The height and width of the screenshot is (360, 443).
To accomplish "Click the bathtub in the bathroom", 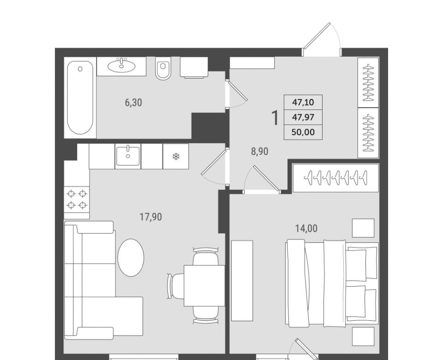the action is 80,98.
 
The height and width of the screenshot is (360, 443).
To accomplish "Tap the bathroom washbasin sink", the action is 121,66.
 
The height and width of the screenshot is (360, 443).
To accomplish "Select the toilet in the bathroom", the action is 163,68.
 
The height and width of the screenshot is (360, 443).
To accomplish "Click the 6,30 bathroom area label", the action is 133,102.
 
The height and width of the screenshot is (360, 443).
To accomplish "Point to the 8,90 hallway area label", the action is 260,152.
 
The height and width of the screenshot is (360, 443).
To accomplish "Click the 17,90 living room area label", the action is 151,217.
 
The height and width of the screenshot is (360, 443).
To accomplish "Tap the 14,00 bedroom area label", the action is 306,228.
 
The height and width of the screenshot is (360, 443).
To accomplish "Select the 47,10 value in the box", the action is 303,102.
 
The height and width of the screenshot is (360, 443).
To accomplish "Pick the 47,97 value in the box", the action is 303,117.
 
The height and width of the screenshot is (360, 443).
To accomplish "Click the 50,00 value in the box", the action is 303,132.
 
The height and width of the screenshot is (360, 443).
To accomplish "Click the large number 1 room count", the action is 275,118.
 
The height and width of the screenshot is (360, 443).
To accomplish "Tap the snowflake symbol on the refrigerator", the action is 176,156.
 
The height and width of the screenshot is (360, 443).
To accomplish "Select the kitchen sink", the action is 128,156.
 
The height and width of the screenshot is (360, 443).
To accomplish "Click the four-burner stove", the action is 77,199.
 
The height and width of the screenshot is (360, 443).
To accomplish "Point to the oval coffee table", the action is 131,258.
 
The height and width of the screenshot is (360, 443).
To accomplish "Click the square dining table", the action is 204,285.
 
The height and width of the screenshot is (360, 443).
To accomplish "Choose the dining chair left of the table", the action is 175,285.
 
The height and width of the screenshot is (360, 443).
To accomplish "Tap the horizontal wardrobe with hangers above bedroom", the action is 335,178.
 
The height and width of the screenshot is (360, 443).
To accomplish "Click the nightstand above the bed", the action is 363,228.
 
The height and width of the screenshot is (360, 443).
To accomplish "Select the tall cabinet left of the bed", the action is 242,281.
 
